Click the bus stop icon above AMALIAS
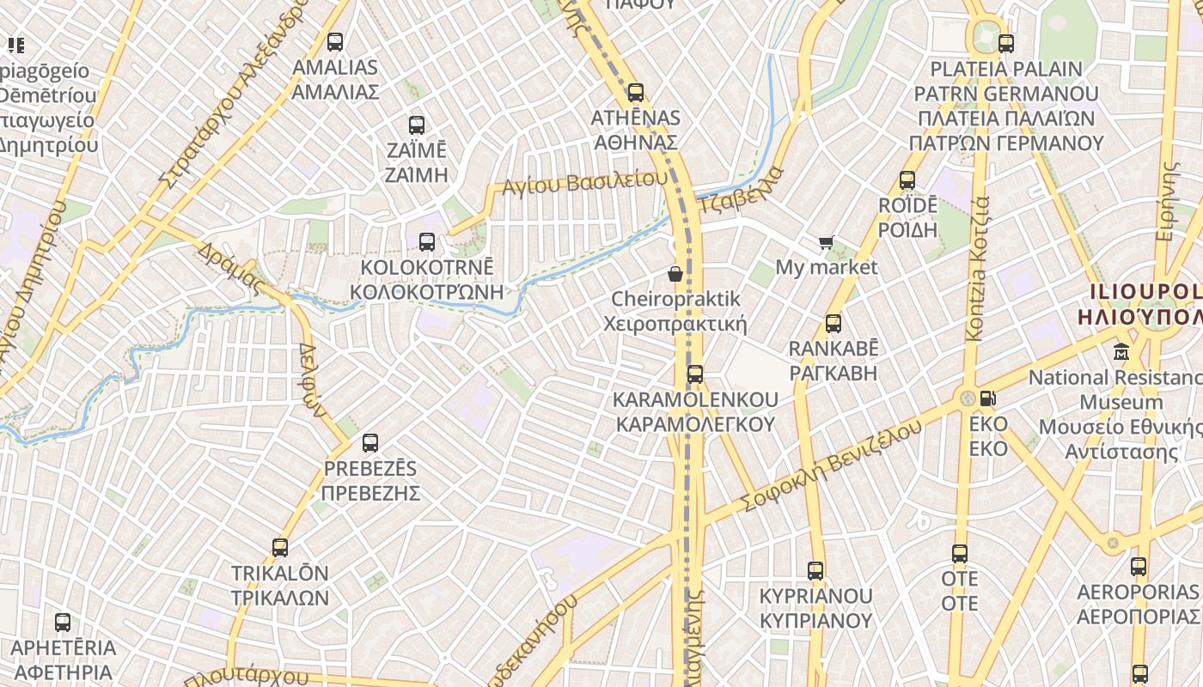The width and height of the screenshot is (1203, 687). pos(335,41)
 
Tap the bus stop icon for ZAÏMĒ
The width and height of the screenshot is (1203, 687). pos(417,125)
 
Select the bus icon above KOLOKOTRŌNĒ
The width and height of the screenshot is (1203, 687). pos(427,242)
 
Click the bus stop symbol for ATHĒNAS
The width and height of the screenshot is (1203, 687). pos(636,93)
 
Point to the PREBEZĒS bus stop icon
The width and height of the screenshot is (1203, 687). pos(370,443)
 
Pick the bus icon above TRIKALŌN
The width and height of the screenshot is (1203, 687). pos(280,548)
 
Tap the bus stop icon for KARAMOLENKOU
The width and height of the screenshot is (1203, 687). pos(695,374)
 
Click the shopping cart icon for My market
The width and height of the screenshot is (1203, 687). pos(827,243)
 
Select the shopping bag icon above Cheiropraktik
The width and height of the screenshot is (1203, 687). pos(675,274)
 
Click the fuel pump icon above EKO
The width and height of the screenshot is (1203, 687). pos(988,398)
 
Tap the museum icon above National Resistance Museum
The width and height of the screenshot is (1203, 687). pos(1121,352)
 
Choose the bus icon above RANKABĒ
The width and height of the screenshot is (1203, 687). pos(834,324)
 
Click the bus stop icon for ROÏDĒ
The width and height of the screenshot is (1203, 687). pos(907,180)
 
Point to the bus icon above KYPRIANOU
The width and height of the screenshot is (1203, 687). pos(815,570)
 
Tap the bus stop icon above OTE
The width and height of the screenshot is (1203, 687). pos(960,554)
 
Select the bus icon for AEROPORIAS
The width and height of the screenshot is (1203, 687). pos(1139,567)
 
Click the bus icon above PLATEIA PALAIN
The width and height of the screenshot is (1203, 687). pos(1006,43)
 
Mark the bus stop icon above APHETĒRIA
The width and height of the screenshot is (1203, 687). pos(63,623)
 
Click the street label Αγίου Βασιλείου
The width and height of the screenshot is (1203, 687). pos(585,182)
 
